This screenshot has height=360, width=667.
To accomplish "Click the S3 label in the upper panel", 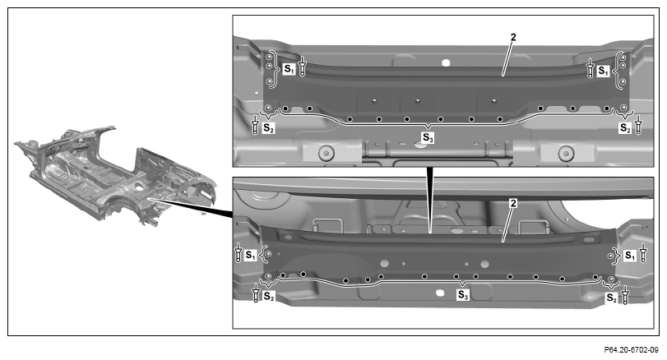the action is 428,138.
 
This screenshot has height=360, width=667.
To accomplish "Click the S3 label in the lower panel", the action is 463,295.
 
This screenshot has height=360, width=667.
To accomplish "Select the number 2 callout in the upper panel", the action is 513,38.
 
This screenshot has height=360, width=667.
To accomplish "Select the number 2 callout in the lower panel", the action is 513,204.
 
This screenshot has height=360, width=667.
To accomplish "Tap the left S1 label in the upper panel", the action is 289,69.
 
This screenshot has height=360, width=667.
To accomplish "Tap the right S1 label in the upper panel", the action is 603,71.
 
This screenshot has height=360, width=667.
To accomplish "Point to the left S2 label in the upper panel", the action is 268,127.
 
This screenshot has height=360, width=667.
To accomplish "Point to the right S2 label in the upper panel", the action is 625,127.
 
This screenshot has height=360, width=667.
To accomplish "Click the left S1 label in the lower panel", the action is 251,256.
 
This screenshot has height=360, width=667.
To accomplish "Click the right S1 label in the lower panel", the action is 630,256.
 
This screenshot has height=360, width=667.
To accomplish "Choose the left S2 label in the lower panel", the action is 269,296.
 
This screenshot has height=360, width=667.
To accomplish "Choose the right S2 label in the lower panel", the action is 612,298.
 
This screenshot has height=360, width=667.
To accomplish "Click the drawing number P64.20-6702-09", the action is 632,350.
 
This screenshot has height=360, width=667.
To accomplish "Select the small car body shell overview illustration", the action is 115,177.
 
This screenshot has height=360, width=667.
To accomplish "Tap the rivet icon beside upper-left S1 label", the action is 302,67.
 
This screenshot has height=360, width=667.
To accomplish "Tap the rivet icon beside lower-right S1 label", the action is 643,252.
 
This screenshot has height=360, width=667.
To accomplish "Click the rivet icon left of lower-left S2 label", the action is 256,293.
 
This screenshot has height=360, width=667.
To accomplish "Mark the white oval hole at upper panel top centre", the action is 446,63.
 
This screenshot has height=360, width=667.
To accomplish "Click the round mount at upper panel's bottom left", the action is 327,153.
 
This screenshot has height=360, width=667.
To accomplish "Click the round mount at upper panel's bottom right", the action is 566,153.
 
